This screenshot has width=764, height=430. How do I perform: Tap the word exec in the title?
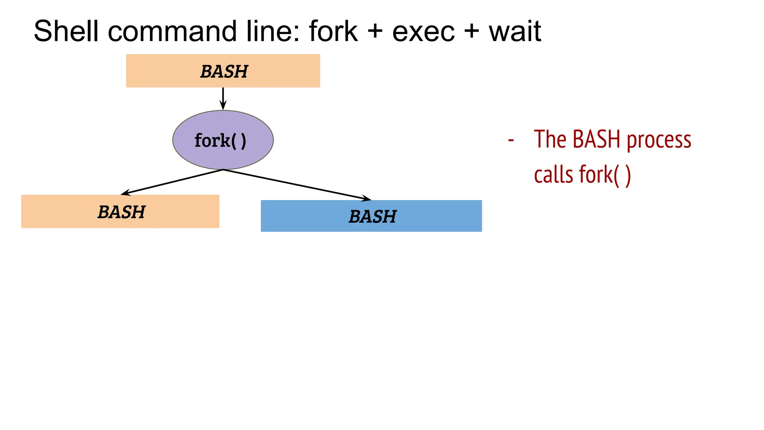(x=423, y=32)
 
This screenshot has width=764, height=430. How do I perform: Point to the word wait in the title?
(x=515, y=31)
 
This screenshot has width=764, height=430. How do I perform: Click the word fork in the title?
(x=333, y=31)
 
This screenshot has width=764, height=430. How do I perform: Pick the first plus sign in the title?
(x=375, y=31)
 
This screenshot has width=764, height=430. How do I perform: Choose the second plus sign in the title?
(x=472, y=31)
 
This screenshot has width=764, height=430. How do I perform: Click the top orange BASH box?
(x=223, y=71)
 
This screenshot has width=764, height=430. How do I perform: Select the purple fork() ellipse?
(x=223, y=140)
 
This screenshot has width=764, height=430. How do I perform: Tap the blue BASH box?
(x=371, y=216)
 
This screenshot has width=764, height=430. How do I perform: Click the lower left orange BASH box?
(x=120, y=211)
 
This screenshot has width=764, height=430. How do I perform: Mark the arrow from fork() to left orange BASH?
(x=172, y=182)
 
